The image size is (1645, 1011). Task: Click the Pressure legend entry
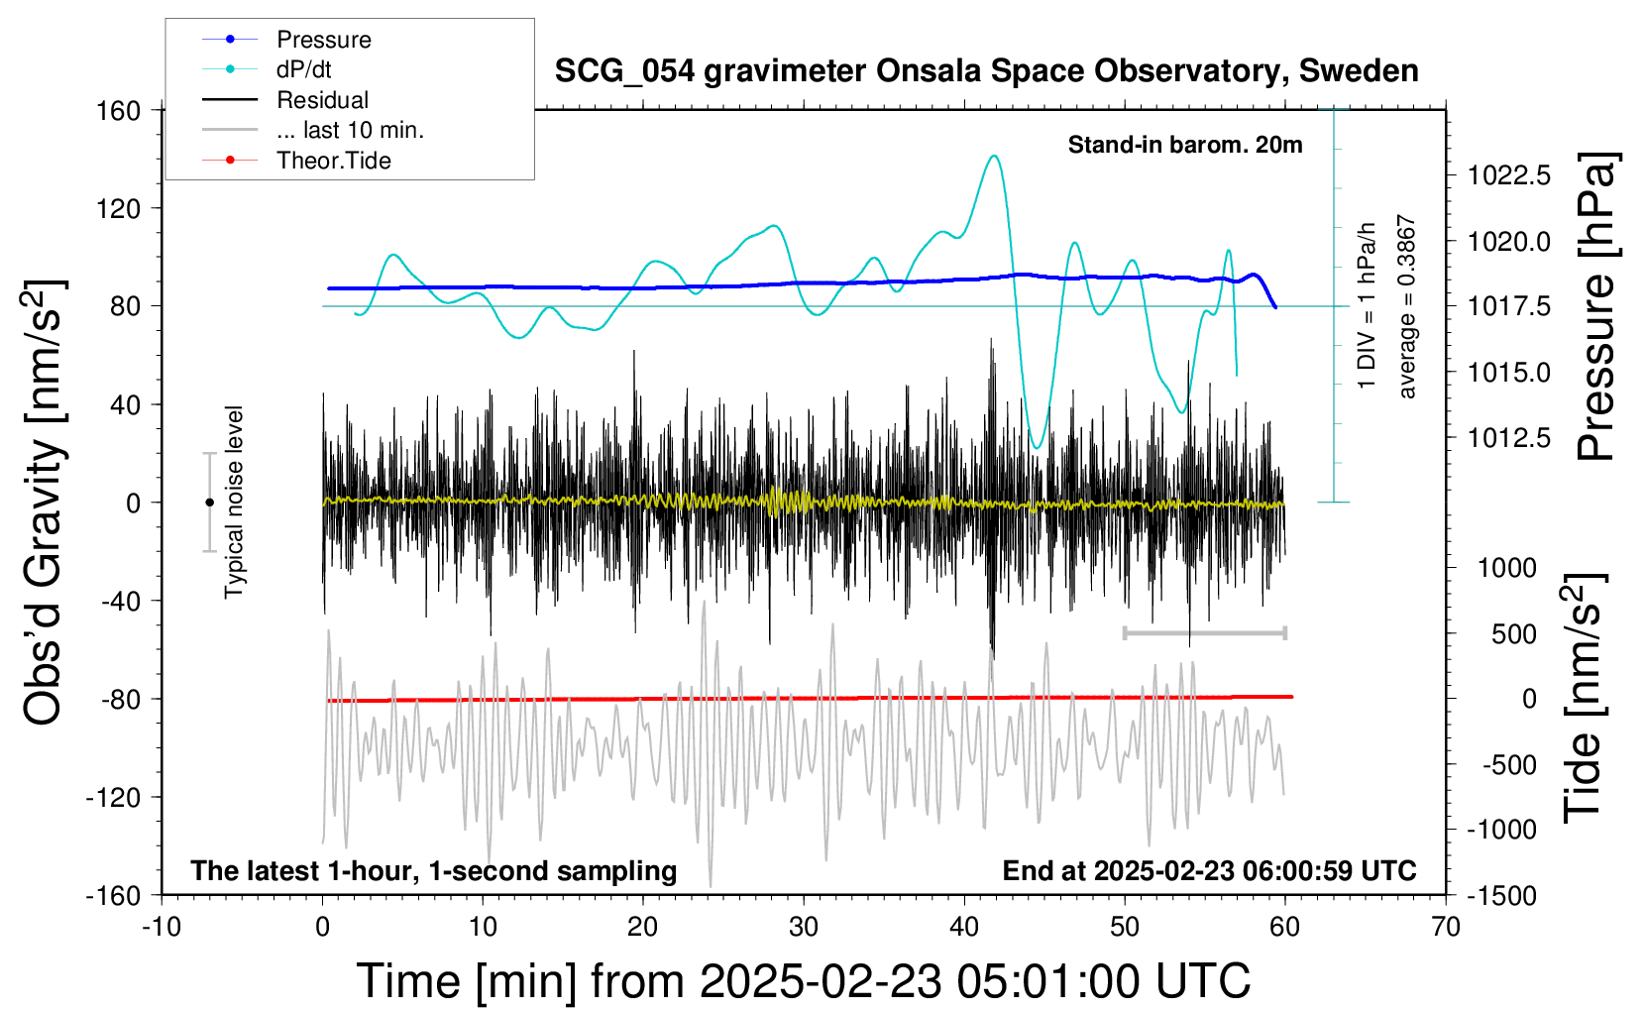pos(323,40)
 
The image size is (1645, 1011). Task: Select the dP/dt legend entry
pos(303,69)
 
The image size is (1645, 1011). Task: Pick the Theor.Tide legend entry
pos(333,161)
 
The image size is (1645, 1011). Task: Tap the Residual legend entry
pos(322,100)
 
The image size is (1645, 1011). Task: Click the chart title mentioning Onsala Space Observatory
pos(986,71)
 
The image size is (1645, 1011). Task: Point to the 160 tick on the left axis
pos(119,110)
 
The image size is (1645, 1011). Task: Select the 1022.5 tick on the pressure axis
pos(1509,175)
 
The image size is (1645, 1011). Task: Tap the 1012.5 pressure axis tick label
pos(1509,437)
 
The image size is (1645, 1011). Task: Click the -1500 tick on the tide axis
pos(1503,895)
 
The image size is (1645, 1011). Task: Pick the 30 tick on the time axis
pos(804,927)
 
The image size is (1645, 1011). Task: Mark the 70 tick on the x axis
pos(1446,927)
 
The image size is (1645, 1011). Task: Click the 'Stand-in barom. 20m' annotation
pos(1185,145)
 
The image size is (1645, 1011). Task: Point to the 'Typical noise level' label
pos(234,502)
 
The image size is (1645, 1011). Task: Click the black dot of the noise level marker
pos(209,503)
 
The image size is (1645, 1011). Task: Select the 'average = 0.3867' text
pos(1407,307)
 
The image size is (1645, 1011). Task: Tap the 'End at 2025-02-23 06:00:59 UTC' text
pos(1209,870)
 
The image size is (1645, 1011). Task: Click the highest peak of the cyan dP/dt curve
pos(994,156)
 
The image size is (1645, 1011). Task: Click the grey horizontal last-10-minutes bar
pos(1204,632)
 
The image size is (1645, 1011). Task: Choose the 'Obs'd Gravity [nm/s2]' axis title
pos(45,502)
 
